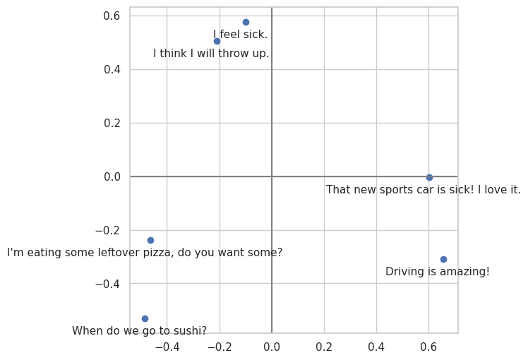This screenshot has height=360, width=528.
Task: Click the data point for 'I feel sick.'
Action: (246, 22)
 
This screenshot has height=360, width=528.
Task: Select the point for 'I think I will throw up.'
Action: (217, 41)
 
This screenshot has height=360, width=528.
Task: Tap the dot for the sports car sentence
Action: (429, 177)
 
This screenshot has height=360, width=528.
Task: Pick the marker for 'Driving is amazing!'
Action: (443, 259)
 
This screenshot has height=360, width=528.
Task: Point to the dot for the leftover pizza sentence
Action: (150, 240)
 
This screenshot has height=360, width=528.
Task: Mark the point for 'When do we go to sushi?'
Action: (145, 318)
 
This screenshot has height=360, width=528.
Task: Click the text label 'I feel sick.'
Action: (240, 35)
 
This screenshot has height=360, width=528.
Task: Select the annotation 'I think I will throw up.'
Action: (211, 54)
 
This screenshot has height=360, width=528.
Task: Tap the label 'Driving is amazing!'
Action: (437, 272)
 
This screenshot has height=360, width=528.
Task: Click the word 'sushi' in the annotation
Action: (184, 331)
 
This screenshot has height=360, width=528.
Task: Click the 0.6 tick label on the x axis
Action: (428, 347)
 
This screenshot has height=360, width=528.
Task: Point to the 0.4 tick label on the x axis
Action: (376, 347)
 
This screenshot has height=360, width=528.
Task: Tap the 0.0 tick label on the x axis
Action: (272, 347)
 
